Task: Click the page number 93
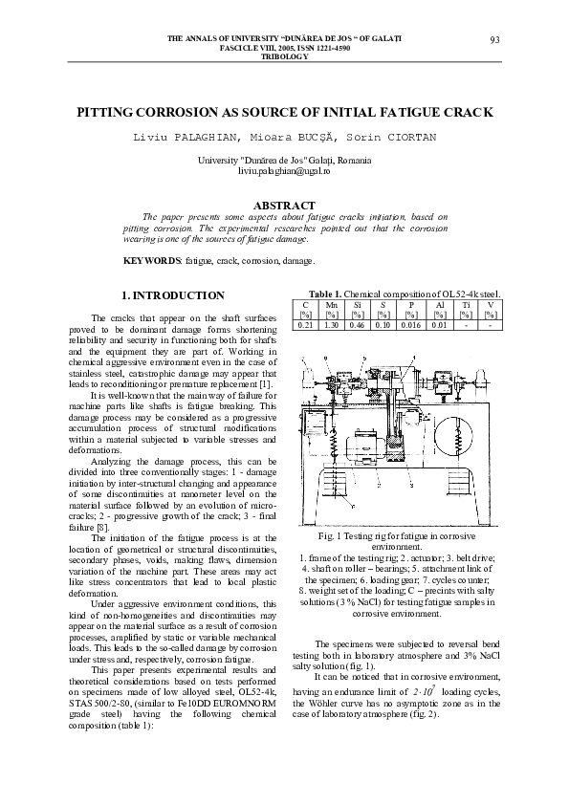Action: pyautogui.click(x=494, y=39)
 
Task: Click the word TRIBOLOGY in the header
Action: pyautogui.click(x=284, y=56)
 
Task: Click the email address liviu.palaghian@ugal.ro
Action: pyautogui.click(x=284, y=170)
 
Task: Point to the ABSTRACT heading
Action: pyautogui.click(x=284, y=205)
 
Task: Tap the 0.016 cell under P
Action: pyautogui.click(x=411, y=326)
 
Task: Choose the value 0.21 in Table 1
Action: pyautogui.click(x=305, y=326)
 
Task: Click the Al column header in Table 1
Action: pyautogui.click(x=439, y=305)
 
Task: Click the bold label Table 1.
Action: pyautogui.click(x=324, y=294)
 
